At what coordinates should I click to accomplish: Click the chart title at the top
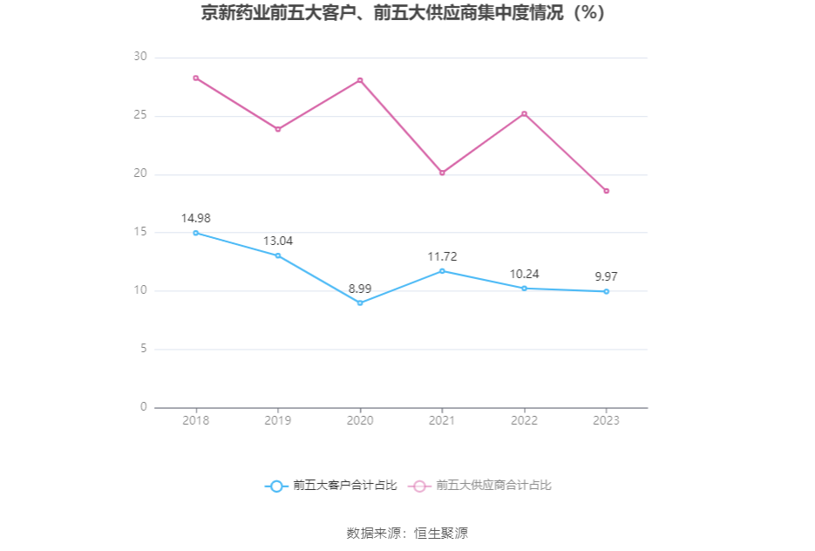coord(403,14)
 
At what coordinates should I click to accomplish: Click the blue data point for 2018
coord(196,233)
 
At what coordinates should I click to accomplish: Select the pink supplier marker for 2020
coord(360,80)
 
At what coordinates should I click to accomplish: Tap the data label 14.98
coord(196,218)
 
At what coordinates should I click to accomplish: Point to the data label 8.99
coord(360,288)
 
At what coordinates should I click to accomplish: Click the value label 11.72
coord(442,256)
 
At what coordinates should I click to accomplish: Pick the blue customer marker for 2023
coord(606,291)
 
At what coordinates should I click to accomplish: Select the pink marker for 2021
coord(442,173)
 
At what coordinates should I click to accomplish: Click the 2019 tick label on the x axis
coord(278,420)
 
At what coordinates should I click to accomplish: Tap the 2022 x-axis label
coord(524,420)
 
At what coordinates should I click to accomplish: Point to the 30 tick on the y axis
coord(139,57)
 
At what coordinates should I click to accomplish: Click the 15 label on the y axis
coord(139,232)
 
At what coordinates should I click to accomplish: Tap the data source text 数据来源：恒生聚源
coord(407,533)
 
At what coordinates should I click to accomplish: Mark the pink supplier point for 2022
coord(524,113)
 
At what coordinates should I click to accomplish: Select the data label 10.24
coord(524,273)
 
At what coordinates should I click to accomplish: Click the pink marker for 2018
coord(196,78)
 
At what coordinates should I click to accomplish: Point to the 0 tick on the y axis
coord(143,407)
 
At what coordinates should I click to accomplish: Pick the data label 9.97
coord(606,276)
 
